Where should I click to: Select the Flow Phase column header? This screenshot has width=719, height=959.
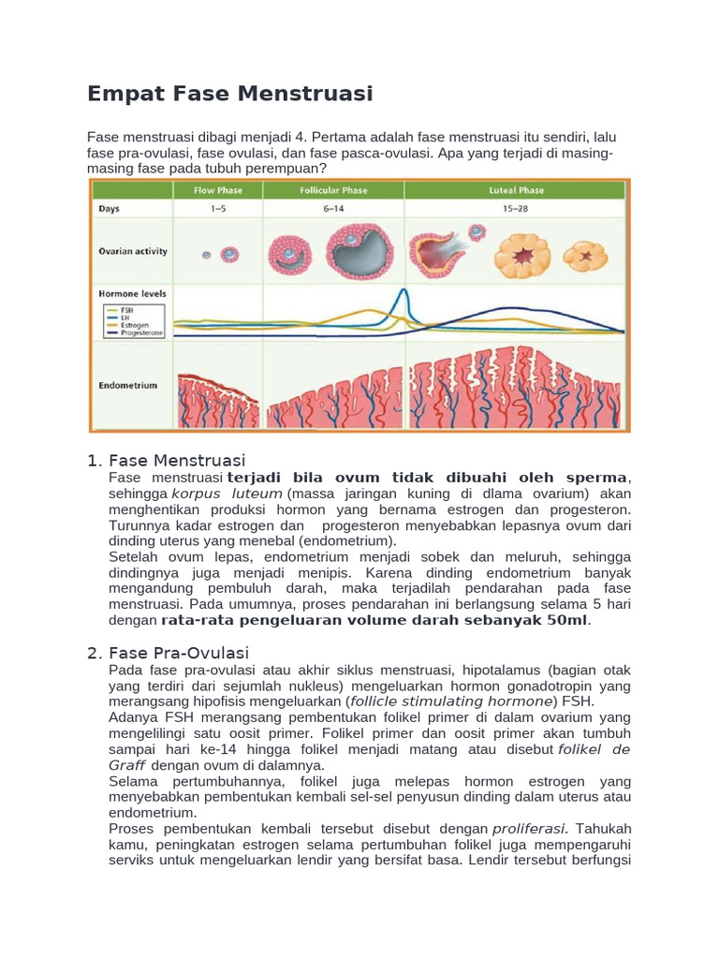coord(217,190)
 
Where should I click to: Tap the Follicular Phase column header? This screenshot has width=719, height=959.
coord(333,190)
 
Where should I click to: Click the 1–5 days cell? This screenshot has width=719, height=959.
coord(217,209)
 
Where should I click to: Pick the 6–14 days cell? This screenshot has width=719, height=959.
coord(333,209)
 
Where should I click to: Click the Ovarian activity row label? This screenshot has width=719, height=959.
coord(133,251)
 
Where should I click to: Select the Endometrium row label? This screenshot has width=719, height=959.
coord(128,385)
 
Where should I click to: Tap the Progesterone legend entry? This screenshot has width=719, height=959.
coord(138,332)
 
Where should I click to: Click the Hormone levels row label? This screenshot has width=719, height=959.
coord(132,293)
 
